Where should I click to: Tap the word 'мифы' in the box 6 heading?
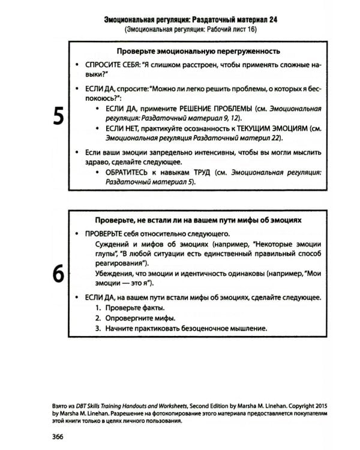(243, 220)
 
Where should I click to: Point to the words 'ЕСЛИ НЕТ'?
(122, 129)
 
